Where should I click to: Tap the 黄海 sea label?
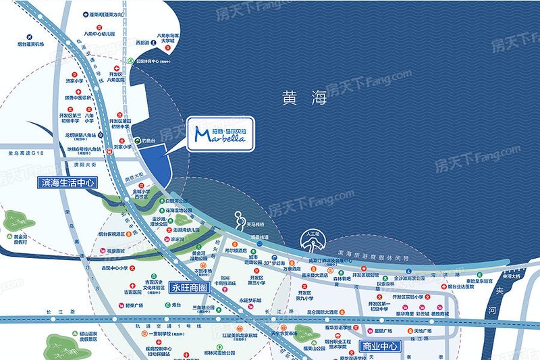point(304,99)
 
